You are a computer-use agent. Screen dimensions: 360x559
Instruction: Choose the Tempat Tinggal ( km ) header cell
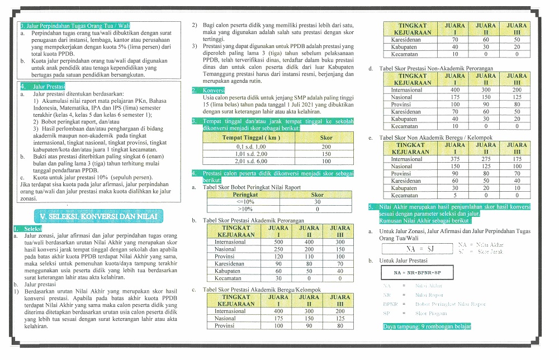(x=250, y=138)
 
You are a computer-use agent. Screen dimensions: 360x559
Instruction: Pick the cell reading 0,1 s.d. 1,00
(x=250, y=146)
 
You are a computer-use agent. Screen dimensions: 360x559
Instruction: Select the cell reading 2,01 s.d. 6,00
(x=250, y=161)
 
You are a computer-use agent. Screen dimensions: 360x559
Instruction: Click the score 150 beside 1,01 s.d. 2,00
(x=326, y=154)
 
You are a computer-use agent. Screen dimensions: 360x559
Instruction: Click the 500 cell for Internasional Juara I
(x=278, y=242)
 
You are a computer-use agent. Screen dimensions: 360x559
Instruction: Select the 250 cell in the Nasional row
(x=278, y=249)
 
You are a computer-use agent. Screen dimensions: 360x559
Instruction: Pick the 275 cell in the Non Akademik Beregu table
(x=485, y=159)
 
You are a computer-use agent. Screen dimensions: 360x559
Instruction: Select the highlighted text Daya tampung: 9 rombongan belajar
(x=427, y=326)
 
